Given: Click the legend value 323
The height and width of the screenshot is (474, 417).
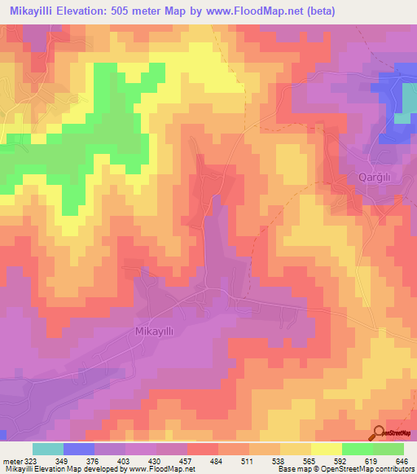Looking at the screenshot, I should pyautogui.click(x=29, y=460).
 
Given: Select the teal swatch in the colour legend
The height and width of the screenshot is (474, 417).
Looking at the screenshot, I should pyautogui.click(x=47, y=449).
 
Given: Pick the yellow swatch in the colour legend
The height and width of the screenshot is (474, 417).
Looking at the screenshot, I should pyautogui.click(x=326, y=449).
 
